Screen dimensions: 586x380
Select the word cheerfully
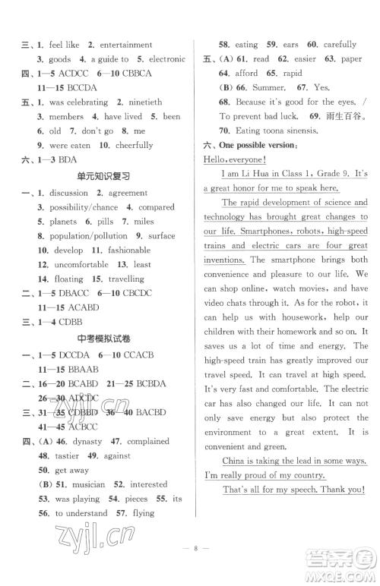(x=133, y=145)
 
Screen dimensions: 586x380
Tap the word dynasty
(x=92, y=441)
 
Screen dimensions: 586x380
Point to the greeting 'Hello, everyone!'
(x=235, y=159)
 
